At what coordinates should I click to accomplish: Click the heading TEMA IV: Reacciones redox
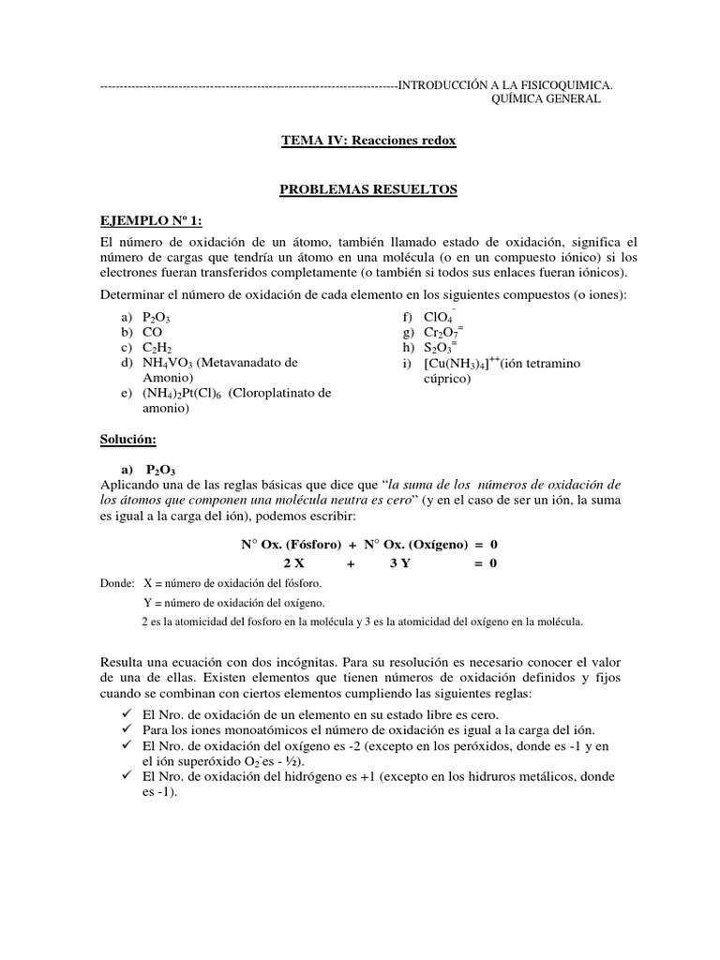point(367,141)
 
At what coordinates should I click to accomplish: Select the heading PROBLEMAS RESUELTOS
point(368,189)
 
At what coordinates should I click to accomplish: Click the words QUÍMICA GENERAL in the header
point(546,100)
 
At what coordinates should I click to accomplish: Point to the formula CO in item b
point(153,333)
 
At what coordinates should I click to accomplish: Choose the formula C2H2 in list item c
point(157,348)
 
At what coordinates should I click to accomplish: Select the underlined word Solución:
point(129,440)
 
